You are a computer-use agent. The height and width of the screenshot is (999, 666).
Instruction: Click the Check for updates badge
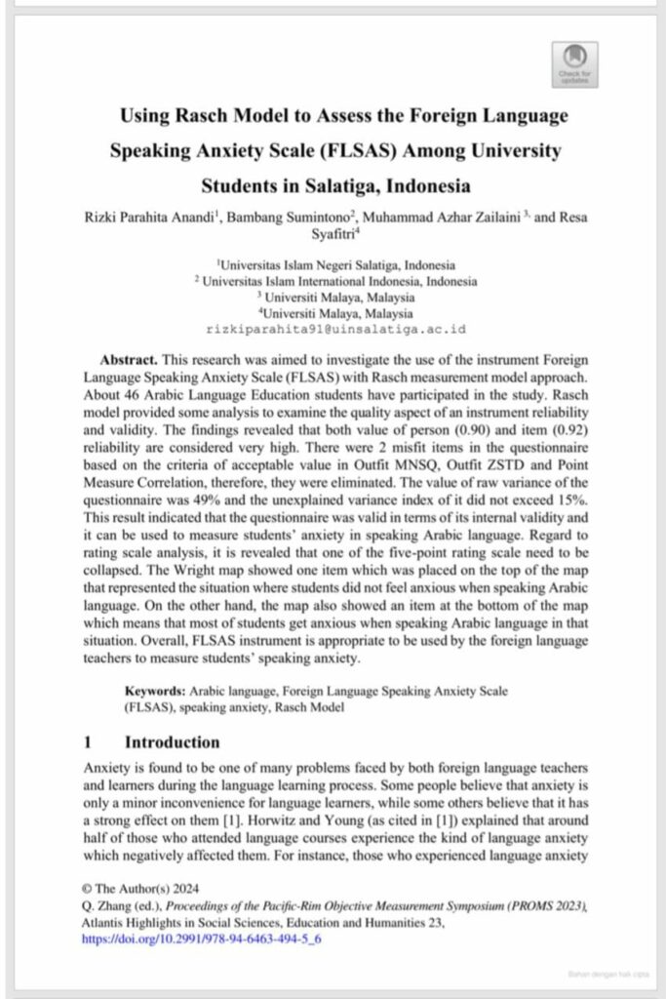pyautogui.click(x=574, y=63)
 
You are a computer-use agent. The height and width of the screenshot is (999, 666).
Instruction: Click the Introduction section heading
pyautogui.click(x=172, y=742)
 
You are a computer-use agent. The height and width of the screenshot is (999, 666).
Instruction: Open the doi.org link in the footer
pyautogui.click(x=202, y=939)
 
